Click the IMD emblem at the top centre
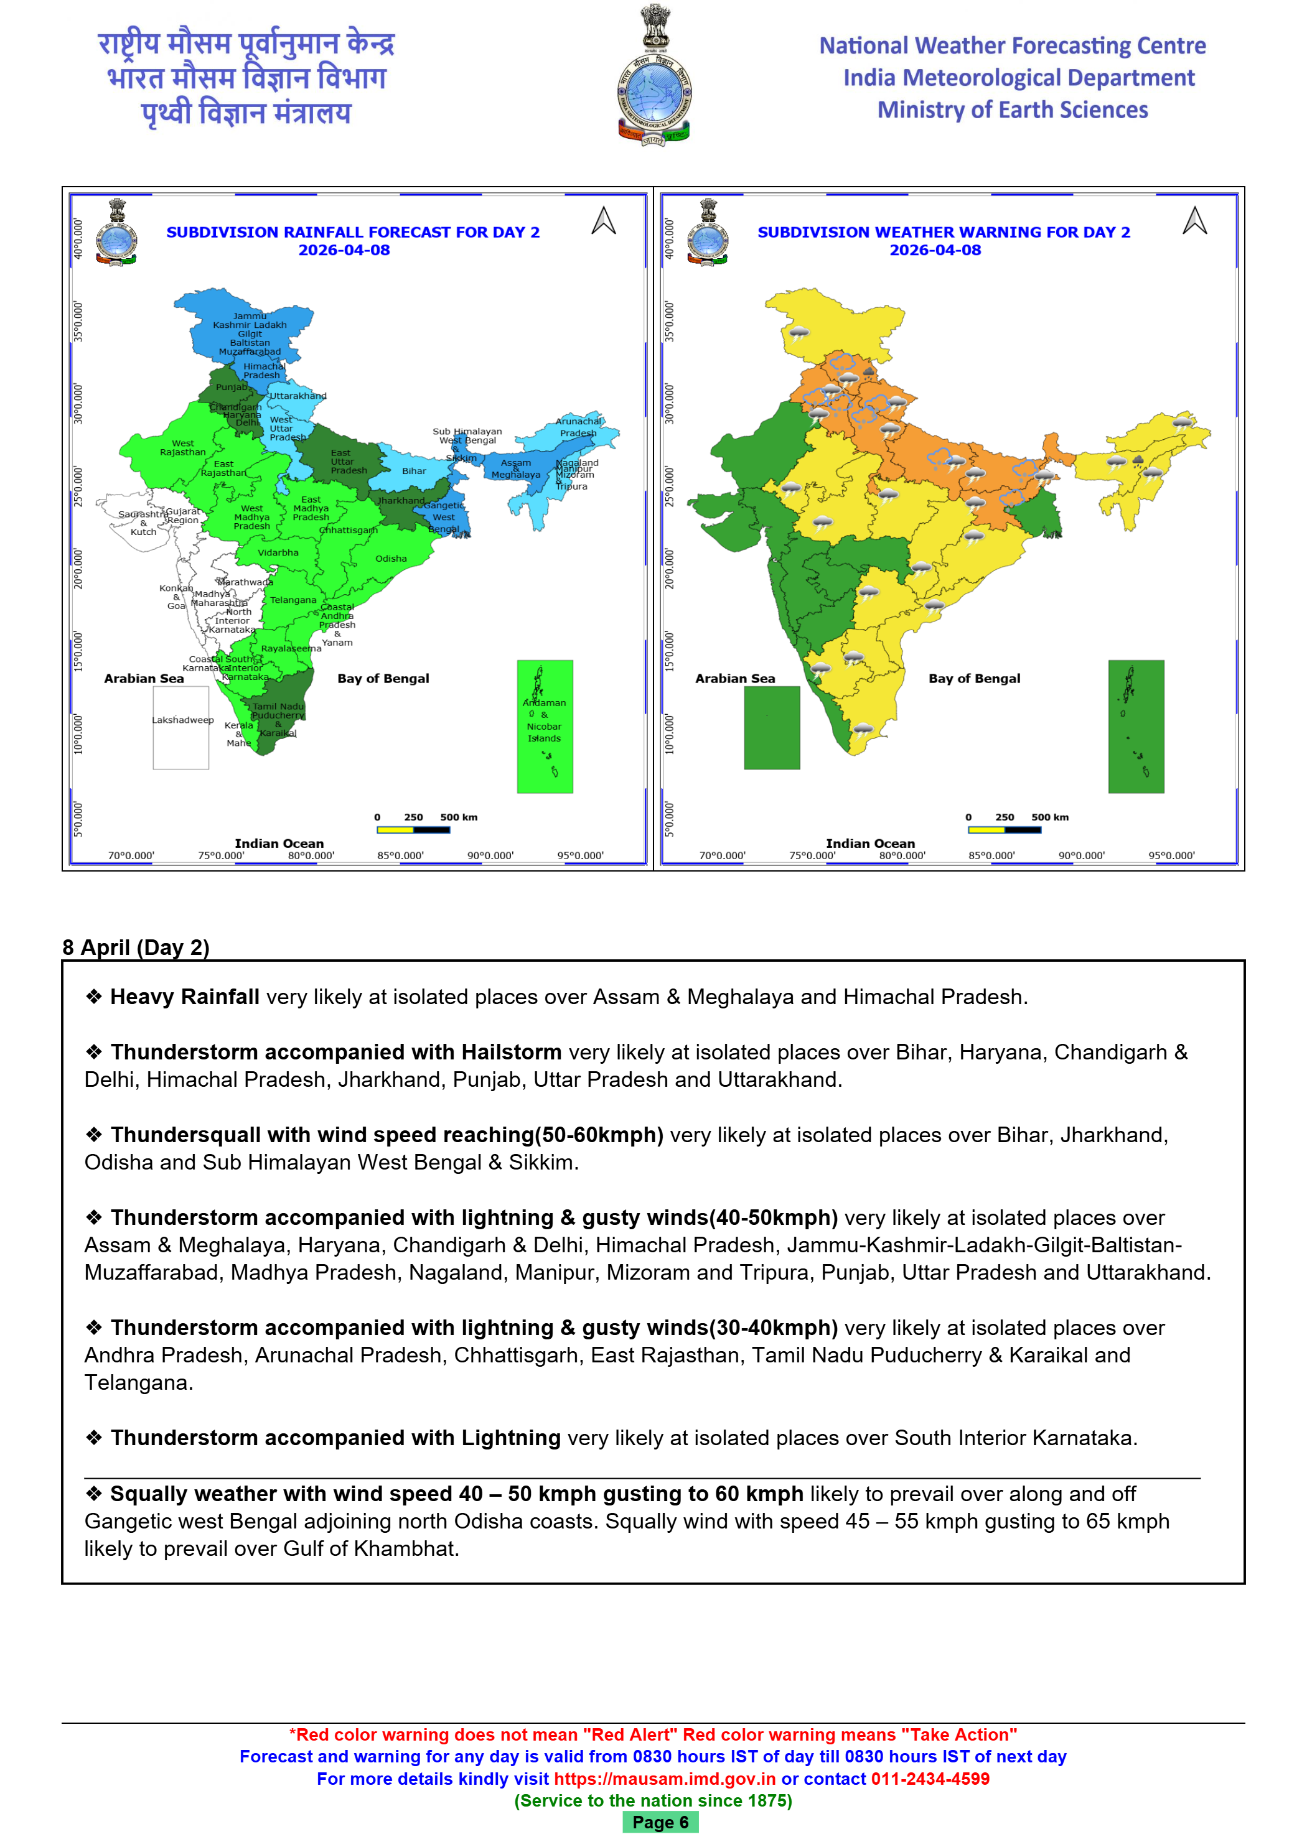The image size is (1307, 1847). coord(653,77)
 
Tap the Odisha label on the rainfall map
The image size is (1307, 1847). coord(390,558)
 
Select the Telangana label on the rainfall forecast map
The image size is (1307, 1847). coord(293,600)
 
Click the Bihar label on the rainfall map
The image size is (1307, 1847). coord(414,472)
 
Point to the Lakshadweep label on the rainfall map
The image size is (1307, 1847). coord(183,720)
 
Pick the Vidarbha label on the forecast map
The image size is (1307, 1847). coord(278,552)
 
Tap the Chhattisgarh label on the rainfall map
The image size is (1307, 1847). coord(348,530)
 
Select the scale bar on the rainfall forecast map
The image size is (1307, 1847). coord(413,829)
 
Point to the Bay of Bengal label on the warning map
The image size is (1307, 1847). coord(974,678)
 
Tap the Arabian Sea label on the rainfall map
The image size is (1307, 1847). coord(144,678)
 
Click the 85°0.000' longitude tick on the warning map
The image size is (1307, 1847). coord(991,855)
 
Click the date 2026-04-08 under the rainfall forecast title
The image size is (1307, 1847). coord(344,250)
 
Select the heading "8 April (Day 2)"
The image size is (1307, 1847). coord(136,947)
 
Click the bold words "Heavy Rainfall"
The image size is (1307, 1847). coord(184,997)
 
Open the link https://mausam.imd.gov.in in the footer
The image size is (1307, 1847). coord(664,1779)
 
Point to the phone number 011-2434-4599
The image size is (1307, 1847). coord(930,1779)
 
